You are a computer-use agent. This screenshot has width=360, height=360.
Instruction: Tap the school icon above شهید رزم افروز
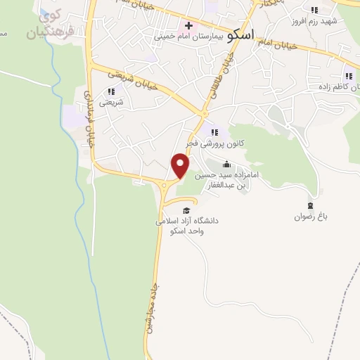click(314, 11)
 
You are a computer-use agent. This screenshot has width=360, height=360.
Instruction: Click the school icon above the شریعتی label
click(110, 91)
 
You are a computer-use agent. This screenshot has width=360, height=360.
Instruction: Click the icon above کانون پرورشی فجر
click(214, 131)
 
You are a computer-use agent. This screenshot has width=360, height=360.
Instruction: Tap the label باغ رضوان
click(311, 217)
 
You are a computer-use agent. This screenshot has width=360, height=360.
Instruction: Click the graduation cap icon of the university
click(186, 210)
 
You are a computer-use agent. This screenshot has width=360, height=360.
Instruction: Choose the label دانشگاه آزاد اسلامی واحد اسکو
click(186, 225)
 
